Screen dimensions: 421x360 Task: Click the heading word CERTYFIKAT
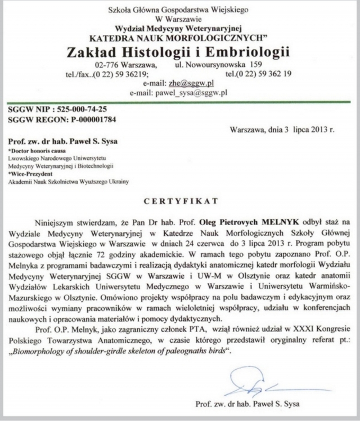[179, 200]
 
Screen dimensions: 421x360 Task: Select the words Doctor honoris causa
[34, 151]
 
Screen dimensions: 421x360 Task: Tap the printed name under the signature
[248, 404]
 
